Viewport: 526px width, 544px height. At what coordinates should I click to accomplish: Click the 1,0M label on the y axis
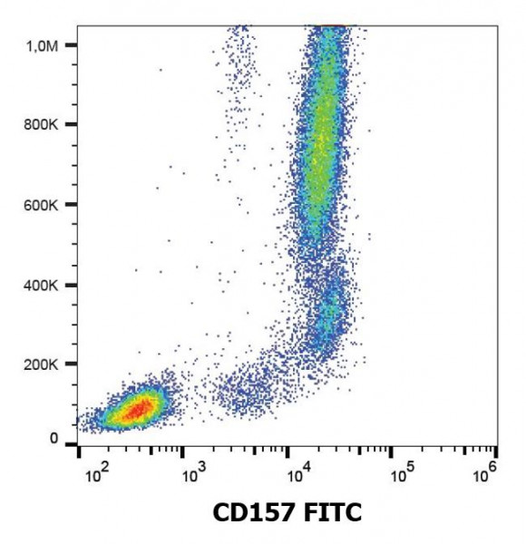point(42,44)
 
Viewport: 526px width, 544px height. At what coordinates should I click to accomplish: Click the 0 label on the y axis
point(54,439)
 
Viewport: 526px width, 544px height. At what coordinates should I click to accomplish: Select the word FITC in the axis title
point(334,514)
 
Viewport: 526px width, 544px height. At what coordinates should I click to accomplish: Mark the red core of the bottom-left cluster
point(133,411)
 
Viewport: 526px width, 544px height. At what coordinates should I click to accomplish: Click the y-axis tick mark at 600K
point(70,205)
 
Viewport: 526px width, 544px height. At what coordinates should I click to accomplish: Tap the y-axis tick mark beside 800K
point(70,124)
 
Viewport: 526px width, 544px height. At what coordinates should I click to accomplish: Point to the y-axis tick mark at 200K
point(70,364)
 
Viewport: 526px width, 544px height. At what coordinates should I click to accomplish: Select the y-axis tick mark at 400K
point(70,285)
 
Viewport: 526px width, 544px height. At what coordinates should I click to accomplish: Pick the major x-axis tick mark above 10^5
point(392,451)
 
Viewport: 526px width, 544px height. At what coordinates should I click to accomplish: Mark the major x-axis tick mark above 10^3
point(183,451)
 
